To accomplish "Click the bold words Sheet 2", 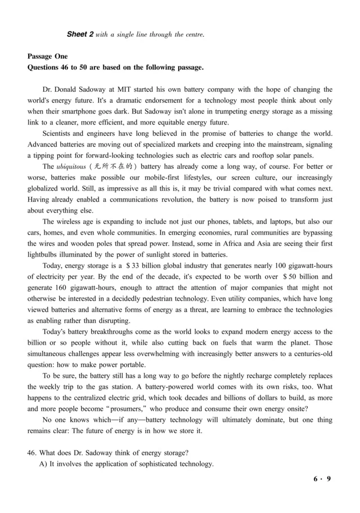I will click(80, 34).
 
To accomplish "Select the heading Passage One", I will click(48, 57).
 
